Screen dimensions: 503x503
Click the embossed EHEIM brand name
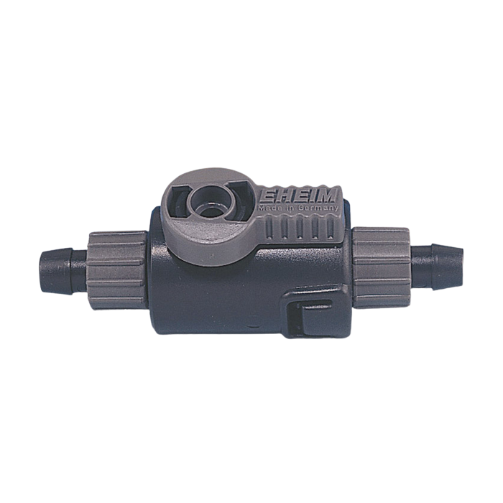pos(299,196)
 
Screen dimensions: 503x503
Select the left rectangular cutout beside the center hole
pos(177,201)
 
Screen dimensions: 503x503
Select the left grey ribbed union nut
pos(118,270)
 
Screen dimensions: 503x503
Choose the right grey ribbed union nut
pos(381,267)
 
